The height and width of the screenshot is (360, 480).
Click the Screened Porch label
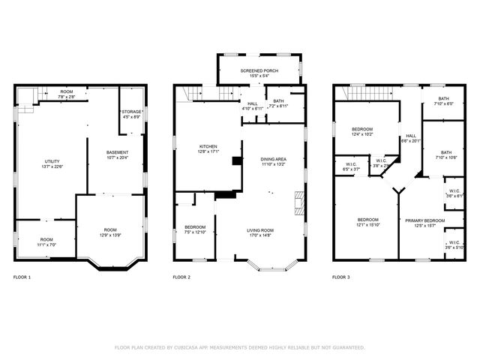pos(259,70)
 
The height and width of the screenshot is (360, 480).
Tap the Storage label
pos(131,112)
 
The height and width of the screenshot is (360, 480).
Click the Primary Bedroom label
pos(424,220)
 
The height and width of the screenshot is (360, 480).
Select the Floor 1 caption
pos(22,277)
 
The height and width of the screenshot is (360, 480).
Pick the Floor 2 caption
pos(181,277)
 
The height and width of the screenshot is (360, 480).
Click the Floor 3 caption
pos(340,277)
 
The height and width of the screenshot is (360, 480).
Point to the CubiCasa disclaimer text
pos(240,347)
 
